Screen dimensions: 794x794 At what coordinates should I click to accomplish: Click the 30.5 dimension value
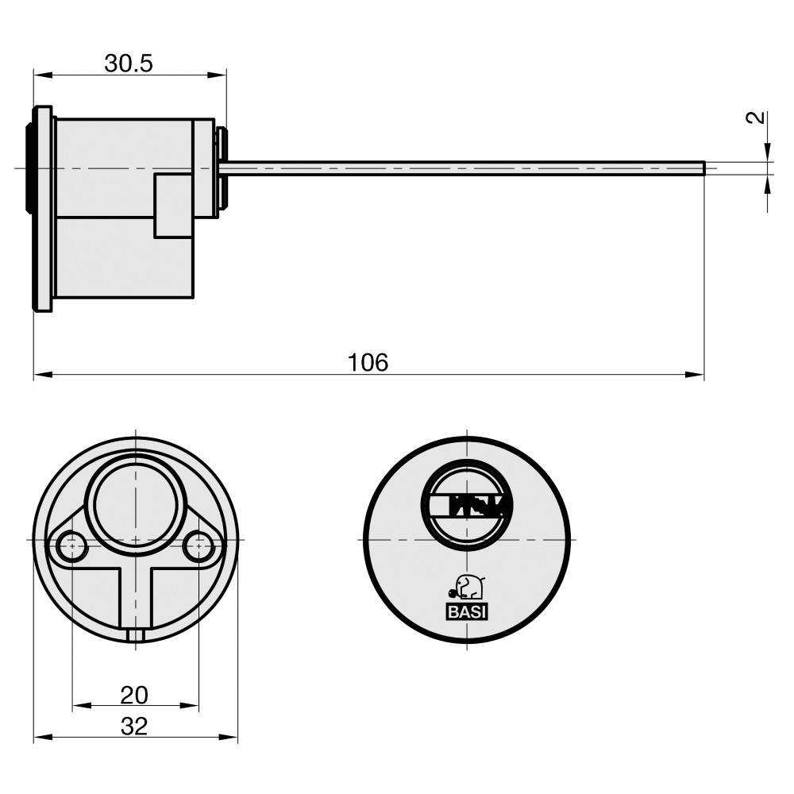(129, 64)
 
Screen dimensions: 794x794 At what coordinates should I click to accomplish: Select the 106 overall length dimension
(368, 363)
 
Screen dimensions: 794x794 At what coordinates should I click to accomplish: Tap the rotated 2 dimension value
(756, 118)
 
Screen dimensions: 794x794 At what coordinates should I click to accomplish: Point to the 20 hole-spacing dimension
(134, 696)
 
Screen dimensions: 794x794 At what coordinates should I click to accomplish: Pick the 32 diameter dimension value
(134, 727)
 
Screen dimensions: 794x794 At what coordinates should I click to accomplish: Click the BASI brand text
(467, 612)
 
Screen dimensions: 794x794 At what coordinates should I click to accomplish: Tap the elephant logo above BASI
(467, 587)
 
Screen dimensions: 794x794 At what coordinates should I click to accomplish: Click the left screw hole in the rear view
(71, 546)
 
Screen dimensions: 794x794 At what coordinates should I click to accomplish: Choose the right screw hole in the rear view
(198, 546)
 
